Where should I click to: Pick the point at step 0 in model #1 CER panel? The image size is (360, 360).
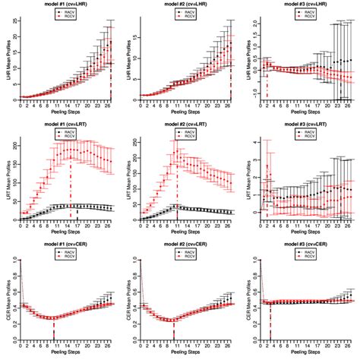pyautogui.click(x=21, y=261)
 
